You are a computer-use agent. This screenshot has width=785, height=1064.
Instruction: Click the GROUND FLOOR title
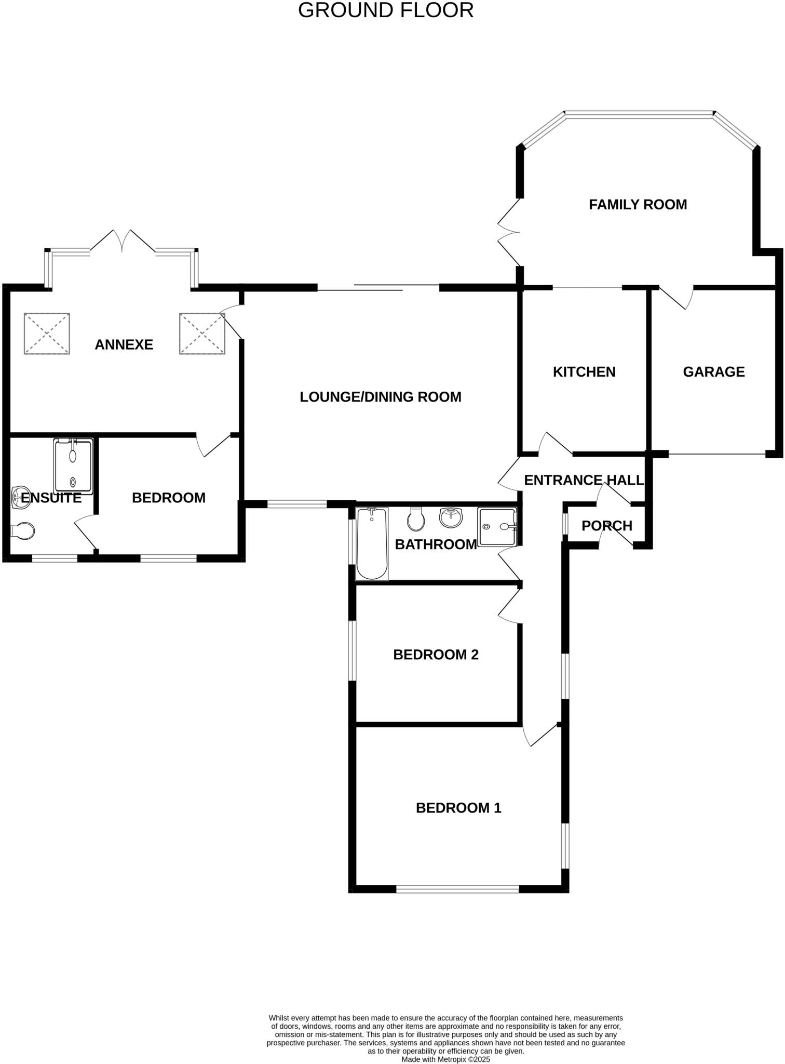click(386, 10)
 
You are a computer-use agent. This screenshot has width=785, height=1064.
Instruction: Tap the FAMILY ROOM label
click(638, 205)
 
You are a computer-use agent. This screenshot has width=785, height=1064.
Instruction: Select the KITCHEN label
click(584, 372)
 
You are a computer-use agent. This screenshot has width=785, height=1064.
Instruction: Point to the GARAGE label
click(713, 372)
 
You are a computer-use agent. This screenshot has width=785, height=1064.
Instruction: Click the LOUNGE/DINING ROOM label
click(381, 397)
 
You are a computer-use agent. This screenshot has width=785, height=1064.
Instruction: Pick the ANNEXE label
click(124, 345)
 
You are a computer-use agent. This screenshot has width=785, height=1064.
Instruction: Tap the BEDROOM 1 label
click(458, 808)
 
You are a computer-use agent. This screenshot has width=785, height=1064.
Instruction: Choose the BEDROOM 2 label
click(436, 655)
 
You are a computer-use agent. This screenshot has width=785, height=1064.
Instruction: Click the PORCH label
click(606, 526)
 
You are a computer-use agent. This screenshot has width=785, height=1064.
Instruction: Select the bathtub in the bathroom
click(372, 544)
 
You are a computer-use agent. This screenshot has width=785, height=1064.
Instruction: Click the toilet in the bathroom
click(416, 519)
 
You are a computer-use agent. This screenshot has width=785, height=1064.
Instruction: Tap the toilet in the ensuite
click(23, 531)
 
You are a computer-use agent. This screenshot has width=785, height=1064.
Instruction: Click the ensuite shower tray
click(73, 466)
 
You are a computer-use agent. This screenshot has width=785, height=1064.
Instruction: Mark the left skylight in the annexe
click(47, 334)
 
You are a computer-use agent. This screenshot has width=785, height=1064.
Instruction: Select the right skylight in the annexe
click(202, 334)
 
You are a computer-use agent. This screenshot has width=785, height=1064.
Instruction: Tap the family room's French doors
click(509, 232)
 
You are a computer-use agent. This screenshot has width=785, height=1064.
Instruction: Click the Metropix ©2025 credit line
click(445, 1059)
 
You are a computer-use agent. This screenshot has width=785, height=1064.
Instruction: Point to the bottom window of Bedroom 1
click(457, 889)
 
